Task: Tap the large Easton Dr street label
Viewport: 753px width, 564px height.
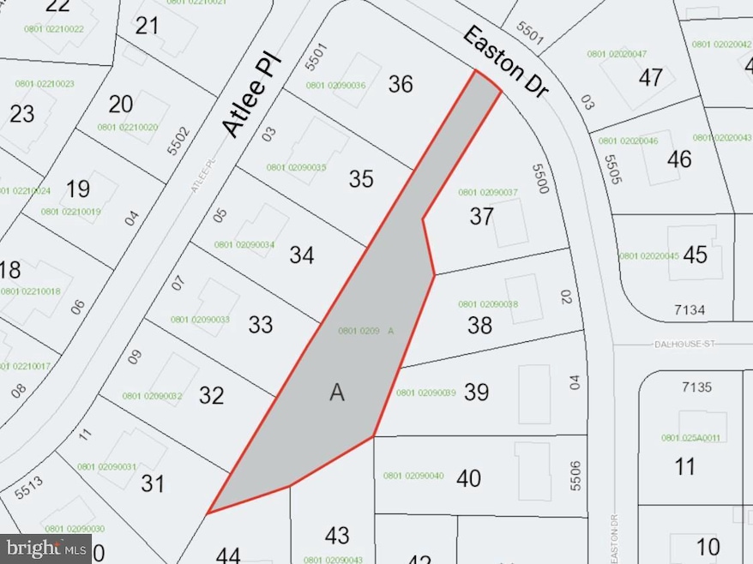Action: click(504, 61)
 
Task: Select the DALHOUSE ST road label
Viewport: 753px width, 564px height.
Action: click(683, 345)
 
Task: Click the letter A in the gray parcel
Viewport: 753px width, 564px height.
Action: click(336, 393)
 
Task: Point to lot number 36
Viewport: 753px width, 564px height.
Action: click(401, 84)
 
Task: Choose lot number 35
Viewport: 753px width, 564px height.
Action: click(361, 178)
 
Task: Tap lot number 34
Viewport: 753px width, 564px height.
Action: click(302, 255)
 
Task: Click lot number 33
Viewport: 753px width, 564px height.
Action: click(260, 325)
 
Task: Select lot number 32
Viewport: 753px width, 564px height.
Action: click(211, 395)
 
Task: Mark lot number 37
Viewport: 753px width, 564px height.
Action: click(481, 217)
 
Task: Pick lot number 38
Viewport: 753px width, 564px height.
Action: click(480, 325)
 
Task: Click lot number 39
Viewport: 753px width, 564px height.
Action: click(476, 392)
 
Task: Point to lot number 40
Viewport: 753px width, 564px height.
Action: click(468, 477)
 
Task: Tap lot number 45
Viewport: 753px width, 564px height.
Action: click(695, 255)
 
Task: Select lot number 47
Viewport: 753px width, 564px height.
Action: click(651, 77)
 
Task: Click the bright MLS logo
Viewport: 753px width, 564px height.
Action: click(47, 546)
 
